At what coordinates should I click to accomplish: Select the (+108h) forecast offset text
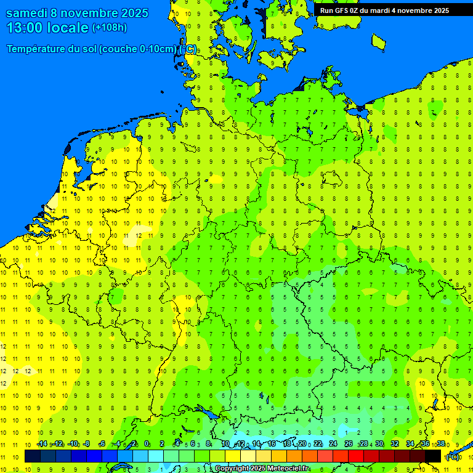(x=109, y=28)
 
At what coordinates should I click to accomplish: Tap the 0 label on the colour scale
(x=147, y=443)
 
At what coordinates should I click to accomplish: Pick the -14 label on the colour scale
(x=41, y=443)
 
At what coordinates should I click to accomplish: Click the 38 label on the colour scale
(x=440, y=443)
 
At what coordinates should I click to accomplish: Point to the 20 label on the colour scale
(x=302, y=443)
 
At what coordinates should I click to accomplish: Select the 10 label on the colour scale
(x=225, y=443)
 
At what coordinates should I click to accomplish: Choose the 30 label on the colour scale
(x=379, y=443)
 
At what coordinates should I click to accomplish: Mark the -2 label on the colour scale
(x=132, y=443)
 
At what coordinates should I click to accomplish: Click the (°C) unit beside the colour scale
(x=453, y=456)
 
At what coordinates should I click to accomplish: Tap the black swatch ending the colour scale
(x=433, y=456)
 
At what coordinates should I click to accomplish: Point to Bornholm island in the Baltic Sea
(x=378, y=41)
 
